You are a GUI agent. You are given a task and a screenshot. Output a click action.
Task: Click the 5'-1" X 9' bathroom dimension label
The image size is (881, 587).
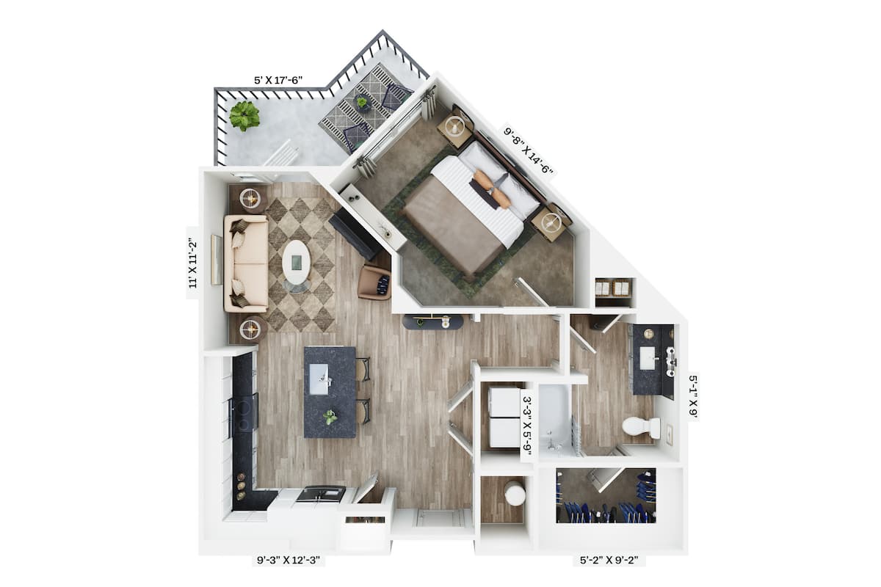click(x=692, y=396)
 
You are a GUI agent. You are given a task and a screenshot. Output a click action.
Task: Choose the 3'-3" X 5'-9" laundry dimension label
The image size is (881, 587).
click(x=526, y=425)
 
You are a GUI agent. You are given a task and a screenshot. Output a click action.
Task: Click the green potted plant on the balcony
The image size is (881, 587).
click(x=244, y=115)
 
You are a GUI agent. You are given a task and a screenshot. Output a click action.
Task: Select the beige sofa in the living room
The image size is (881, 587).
click(x=245, y=263)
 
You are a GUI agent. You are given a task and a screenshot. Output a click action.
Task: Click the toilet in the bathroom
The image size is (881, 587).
click(x=640, y=426)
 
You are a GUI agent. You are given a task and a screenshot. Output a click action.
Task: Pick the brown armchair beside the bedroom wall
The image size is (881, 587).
click(x=374, y=282)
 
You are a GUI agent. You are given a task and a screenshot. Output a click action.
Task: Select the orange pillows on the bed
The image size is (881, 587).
click(x=491, y=189)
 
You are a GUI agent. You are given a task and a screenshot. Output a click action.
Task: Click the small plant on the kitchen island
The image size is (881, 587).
click(x=331, y=417)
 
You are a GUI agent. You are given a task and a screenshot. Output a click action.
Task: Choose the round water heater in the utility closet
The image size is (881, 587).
click(x=515, y=495)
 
